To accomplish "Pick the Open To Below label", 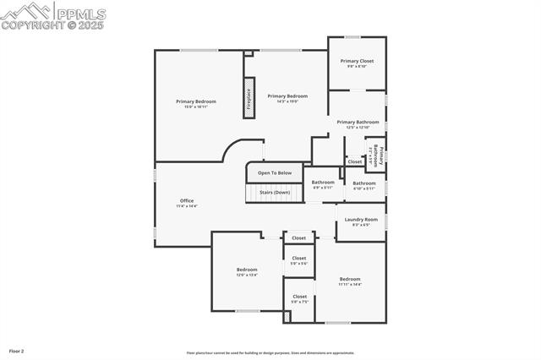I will (275, 172).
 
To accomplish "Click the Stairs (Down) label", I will (275, 192).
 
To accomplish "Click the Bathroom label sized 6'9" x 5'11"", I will (323, 184).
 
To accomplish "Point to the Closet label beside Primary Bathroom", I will (354, 161).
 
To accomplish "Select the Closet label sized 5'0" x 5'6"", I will (299, 260).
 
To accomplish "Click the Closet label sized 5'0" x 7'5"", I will (300, 298).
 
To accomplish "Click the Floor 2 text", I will (17, 350).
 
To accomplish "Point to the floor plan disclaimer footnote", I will (270, 353).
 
